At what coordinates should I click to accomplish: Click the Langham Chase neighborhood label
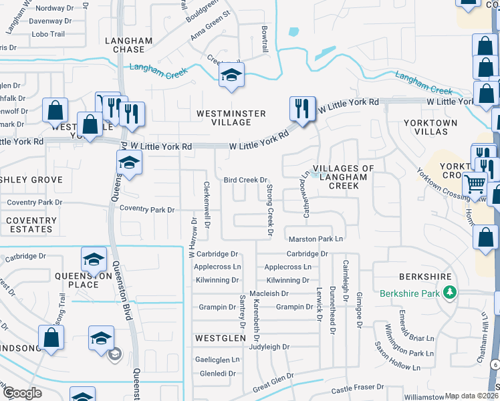pyautogui.click(x=129, y=45)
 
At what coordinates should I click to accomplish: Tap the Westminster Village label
pyautogui.click(x=231, y=118)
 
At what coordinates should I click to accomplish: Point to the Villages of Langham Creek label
pyautogui.click(x=345, y=176)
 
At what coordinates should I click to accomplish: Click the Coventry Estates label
pyautogui.click(x=31, y=225)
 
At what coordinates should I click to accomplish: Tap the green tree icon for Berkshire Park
pyautogui.click(x=451, y=292)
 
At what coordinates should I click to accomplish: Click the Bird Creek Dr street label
pyautogui.click(x=245, y=180)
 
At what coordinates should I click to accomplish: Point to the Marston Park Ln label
pyautogui.click(x=316, y=239)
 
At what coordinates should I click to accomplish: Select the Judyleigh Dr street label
pyautogui.click(x=268, y=347)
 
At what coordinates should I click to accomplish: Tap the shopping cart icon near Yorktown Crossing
pyautogui.click(x=475, y=182)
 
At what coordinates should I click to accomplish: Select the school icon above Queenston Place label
pyautogui.click(x=94, y=258)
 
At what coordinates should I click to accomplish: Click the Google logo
pyautogui.click(x=21, y=393)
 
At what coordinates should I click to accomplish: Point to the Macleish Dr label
pyautogui.click(x=268, y=293)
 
